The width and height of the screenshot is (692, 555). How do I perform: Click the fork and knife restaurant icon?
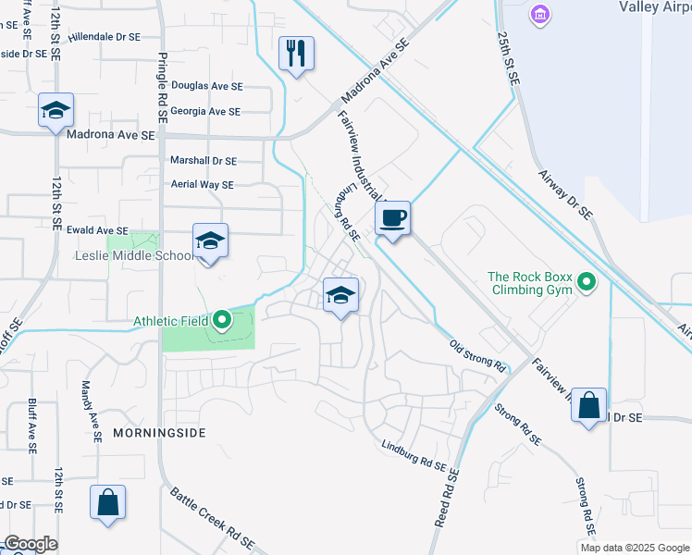pyautogui.click(x=296, y=53)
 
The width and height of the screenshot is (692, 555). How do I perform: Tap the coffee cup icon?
pyautogui.click(x=393, y=219)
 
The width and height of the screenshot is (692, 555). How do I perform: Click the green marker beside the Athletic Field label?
pyautogui.click(x=222, y=321)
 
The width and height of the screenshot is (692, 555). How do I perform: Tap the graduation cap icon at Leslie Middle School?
pyautogui.click(x=210, y=241)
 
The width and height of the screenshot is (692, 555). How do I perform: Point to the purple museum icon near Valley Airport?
pyautogui.click(x=540, y=16)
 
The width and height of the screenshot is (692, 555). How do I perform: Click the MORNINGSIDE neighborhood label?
pyautogui.click(x=159, y=432)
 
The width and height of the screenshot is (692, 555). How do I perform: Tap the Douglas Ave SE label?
pyautogui.click(x=206, y=84)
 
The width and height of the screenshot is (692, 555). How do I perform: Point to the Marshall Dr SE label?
pyautogui.click(x=204, y=160)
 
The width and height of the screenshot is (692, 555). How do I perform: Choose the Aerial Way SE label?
pyautogui.click(x=202, y=184)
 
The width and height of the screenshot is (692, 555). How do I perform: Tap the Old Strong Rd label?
pyautogui.click(x=477, y=356)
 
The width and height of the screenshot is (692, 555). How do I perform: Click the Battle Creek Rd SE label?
pyautogui.click(x=214, y=517)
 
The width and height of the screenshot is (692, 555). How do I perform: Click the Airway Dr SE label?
pyautogui.click(x=566, y=192)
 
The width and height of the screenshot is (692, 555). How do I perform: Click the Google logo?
pyautogui.click(x=31, y=544)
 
